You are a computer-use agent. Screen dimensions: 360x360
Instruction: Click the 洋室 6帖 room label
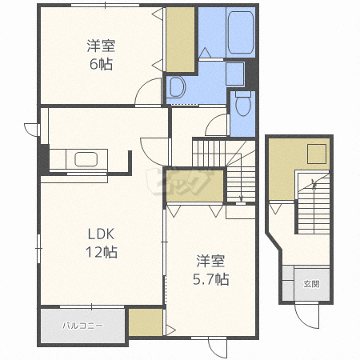click(x=101, y=54)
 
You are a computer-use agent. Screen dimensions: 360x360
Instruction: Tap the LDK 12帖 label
click(x=101, y=242)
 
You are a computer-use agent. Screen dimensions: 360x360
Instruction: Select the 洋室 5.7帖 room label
click(x=210, y=270)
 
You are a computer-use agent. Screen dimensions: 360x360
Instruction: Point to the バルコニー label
click(x=82, y=326)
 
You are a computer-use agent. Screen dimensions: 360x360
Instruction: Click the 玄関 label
click(x=311, y=284)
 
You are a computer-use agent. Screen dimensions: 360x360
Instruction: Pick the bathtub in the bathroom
click(x=241, y=32)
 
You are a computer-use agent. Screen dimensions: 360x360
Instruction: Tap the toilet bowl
click(x=243, y=104)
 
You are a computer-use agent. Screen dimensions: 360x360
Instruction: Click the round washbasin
click(x=178, y=87)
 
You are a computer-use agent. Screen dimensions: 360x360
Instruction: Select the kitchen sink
click(x=86, y=159)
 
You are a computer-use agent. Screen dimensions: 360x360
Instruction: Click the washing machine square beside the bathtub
click(x=234, y=74)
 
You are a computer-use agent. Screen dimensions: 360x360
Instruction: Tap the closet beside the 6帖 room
click(x=181, y=39)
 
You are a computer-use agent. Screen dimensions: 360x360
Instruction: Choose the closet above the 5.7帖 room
click(x=194, y=186)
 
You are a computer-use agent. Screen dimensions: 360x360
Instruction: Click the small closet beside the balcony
click(x=146, y=322)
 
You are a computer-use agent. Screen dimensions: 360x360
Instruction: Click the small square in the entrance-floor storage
click(x=317, y=154)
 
